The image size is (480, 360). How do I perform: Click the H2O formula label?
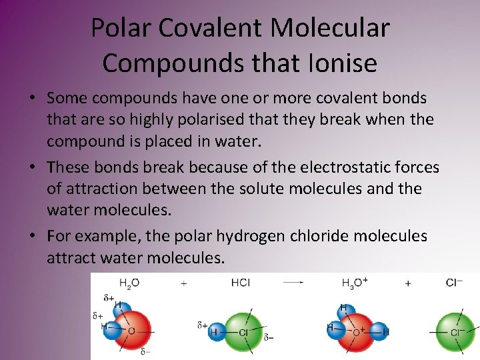point(129,283)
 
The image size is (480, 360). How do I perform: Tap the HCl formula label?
point(240,283)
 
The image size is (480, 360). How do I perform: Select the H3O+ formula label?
point(355,283)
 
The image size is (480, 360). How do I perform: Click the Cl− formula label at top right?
point(455,283)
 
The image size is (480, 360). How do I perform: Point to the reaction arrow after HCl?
point(293,283)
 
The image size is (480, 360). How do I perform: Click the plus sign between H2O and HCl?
point(184,283)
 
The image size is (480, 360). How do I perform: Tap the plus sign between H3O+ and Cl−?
point(408,283)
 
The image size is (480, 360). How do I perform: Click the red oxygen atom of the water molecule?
point(132,331)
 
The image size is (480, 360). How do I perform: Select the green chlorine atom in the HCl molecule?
point(244,332)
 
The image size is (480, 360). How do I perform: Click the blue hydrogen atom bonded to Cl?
point(215,331)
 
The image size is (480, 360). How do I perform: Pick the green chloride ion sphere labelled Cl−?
point(457,332)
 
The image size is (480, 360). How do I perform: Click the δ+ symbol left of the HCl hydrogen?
point(202,325)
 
